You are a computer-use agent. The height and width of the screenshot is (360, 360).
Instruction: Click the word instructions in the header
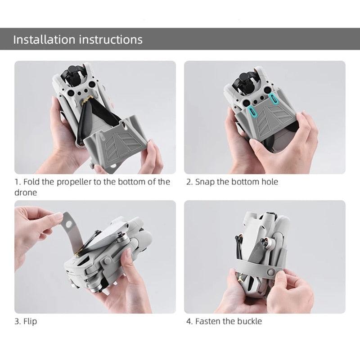(x=111, y=39)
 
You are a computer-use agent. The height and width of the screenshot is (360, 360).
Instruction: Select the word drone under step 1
(x=26, y=192)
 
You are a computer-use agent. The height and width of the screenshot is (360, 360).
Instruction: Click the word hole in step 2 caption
(x=268, y=182)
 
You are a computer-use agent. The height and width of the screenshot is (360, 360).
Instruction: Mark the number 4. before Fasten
(x=189, y=321)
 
